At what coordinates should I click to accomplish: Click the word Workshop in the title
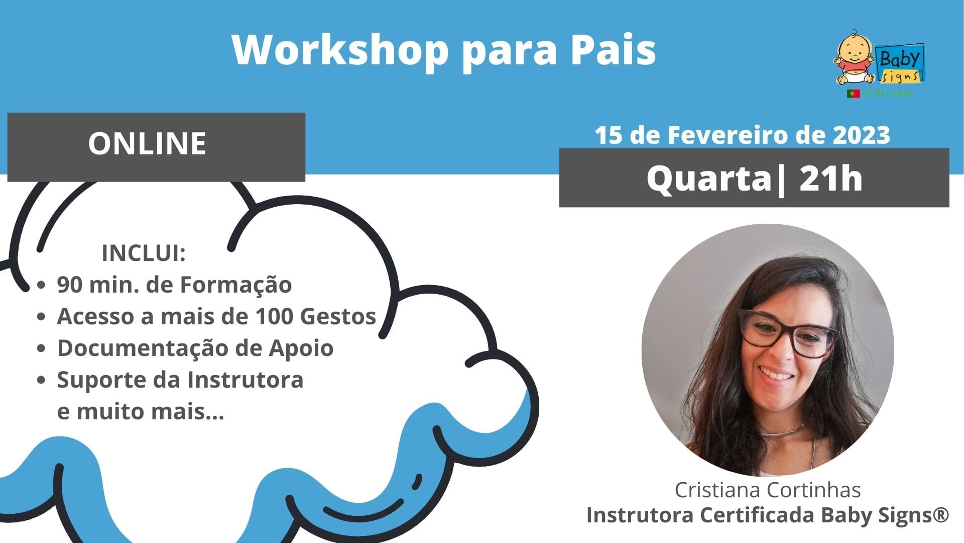pyautogui.click(x=340, y=50)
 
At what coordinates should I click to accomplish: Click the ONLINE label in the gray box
pyautogui.click(x=147, y=143)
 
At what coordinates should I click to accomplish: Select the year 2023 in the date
pyautogui.click(x=862, y=135)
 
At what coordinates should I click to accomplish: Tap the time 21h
pyautogui.click(x=830, y=178)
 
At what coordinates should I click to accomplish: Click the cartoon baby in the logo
pyautogui.click(x=855, y=56)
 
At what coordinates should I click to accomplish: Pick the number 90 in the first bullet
pyautogui.click(x=69, y=285)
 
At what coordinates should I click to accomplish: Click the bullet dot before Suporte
pyautogui.click(x=42, y=381)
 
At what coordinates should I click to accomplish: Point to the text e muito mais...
pyautogui.click(x=141, y=412)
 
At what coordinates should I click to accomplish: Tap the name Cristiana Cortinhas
pyautogui.click(x=768, y=490)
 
